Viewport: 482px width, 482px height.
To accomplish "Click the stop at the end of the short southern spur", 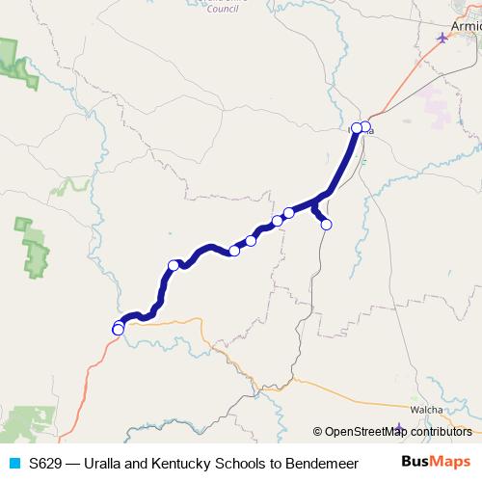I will point(326,225).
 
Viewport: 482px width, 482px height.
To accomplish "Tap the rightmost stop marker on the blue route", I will point(365,126).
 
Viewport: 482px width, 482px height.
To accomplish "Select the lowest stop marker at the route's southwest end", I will point(118,331).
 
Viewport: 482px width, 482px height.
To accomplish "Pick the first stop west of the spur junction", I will point(288,212).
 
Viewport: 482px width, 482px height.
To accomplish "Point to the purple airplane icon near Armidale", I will point(442,38).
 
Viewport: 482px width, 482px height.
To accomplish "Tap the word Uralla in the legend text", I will point(105,463).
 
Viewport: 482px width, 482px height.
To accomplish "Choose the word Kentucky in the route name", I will point(184,463).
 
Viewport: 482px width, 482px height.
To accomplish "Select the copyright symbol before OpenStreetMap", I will point(318,432).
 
